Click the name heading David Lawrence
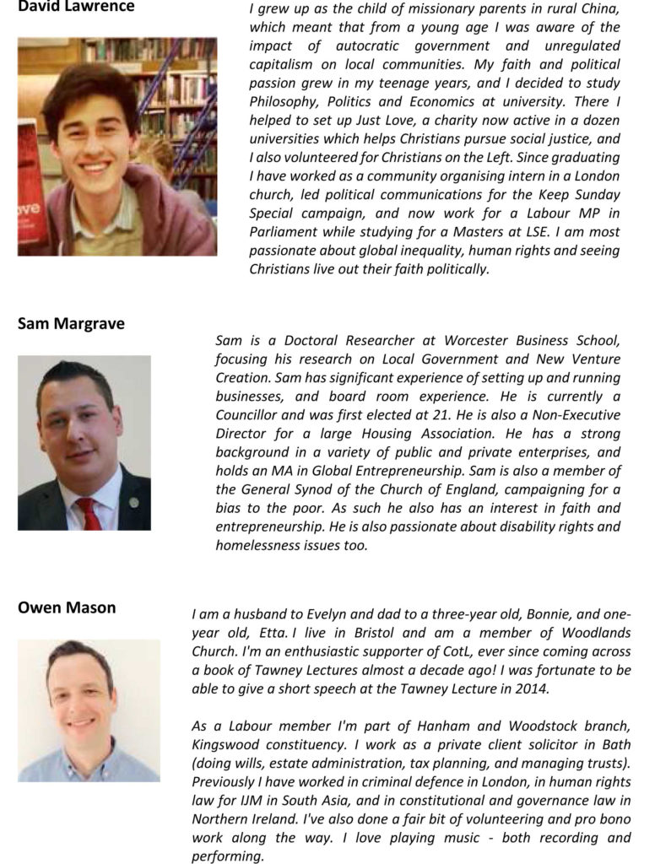75,8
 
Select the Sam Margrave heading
71,323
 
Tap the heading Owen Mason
67,607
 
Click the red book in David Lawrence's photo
30,194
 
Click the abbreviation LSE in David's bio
534,232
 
